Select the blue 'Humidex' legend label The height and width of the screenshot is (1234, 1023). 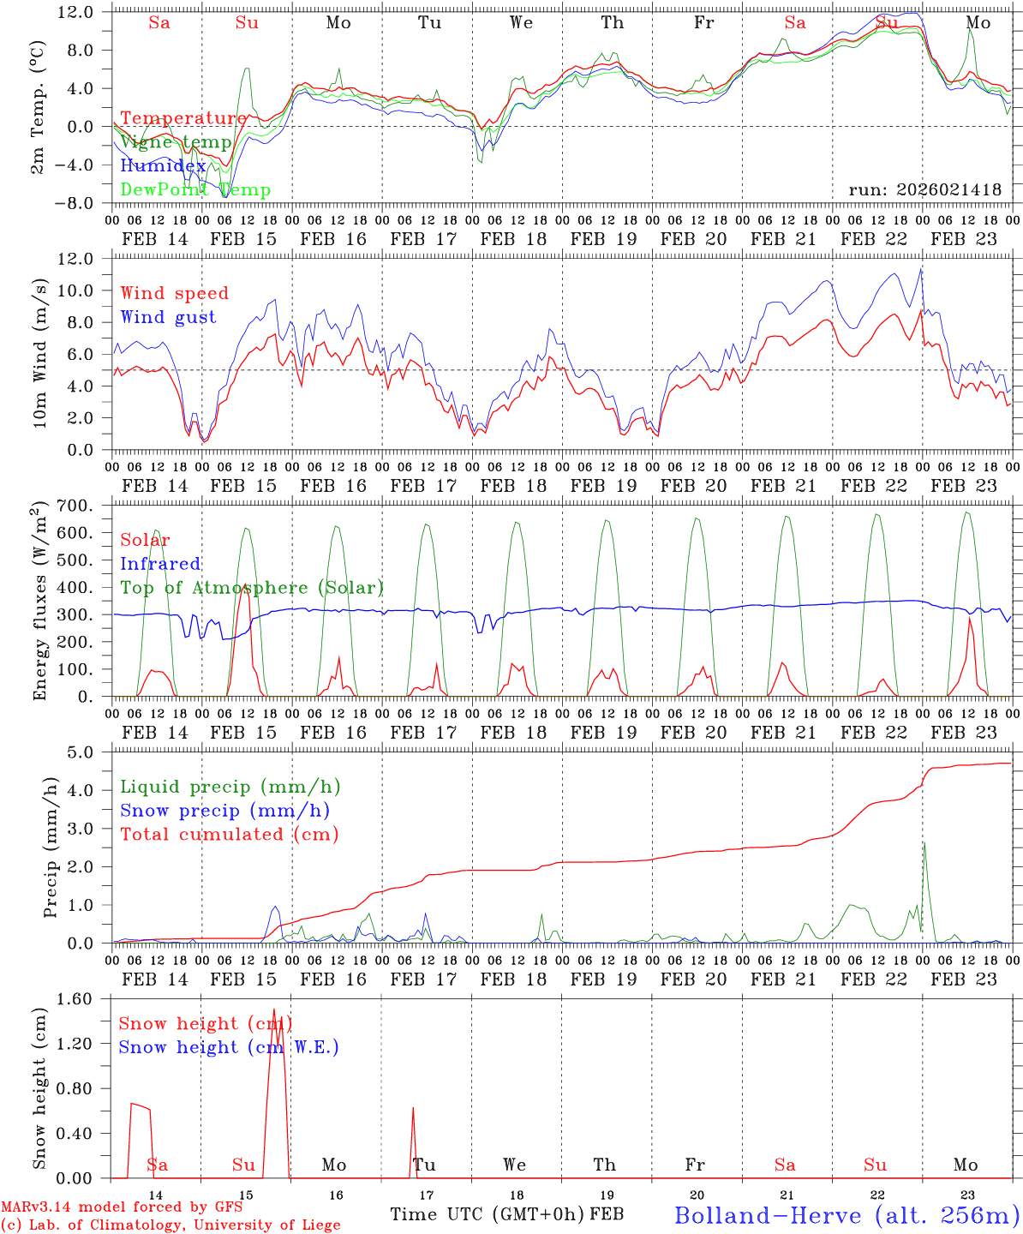163,166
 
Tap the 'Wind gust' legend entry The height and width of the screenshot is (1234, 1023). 168,317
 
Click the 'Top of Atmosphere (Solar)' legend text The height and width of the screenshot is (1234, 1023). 252,588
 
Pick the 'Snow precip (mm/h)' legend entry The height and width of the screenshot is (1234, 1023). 224,811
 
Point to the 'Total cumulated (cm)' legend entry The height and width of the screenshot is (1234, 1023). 230,834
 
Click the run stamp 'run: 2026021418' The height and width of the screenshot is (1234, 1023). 924,190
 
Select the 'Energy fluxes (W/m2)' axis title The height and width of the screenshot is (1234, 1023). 39,602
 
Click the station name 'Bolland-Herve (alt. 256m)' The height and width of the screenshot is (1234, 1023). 846,1214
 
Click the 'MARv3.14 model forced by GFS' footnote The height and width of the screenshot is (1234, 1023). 122,1207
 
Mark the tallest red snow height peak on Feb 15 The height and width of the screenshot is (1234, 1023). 274,1009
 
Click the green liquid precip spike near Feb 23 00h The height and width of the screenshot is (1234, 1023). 924,843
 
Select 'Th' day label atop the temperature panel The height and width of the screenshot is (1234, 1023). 612,23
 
